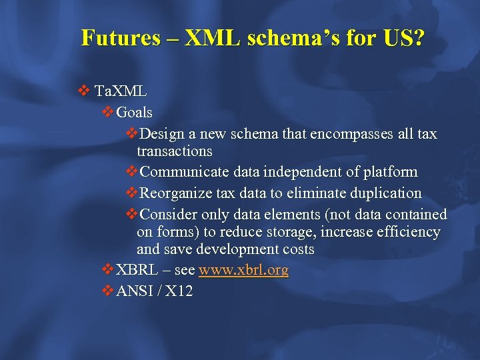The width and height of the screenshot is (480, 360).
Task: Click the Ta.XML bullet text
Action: (121, 90)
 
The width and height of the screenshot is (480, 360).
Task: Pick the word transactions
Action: (174, 151)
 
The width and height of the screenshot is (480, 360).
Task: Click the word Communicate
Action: (186, 172)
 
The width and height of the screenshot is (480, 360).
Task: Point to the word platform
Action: (391, 172)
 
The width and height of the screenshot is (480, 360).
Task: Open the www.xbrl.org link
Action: (243, 270)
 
